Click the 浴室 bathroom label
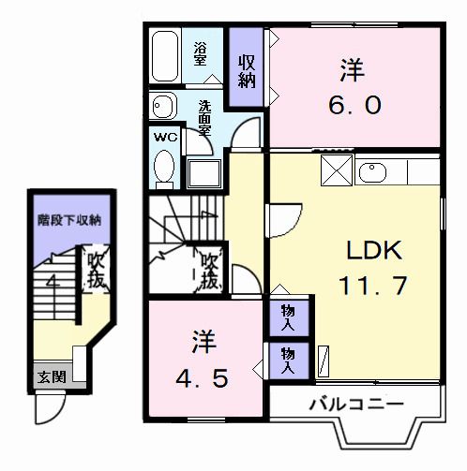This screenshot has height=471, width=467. click(201, 53)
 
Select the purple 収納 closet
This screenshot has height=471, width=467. click(247, 71)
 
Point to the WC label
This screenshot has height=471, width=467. click(165, 137)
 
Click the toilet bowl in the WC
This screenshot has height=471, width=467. click(165, 169)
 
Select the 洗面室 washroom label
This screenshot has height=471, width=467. click(203, 117)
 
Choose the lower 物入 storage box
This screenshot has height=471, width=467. click(289, 358)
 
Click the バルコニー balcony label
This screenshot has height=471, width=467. click(355, 404)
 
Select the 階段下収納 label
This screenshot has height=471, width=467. click(69, 221)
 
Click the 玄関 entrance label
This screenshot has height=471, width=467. click(51, 377)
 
